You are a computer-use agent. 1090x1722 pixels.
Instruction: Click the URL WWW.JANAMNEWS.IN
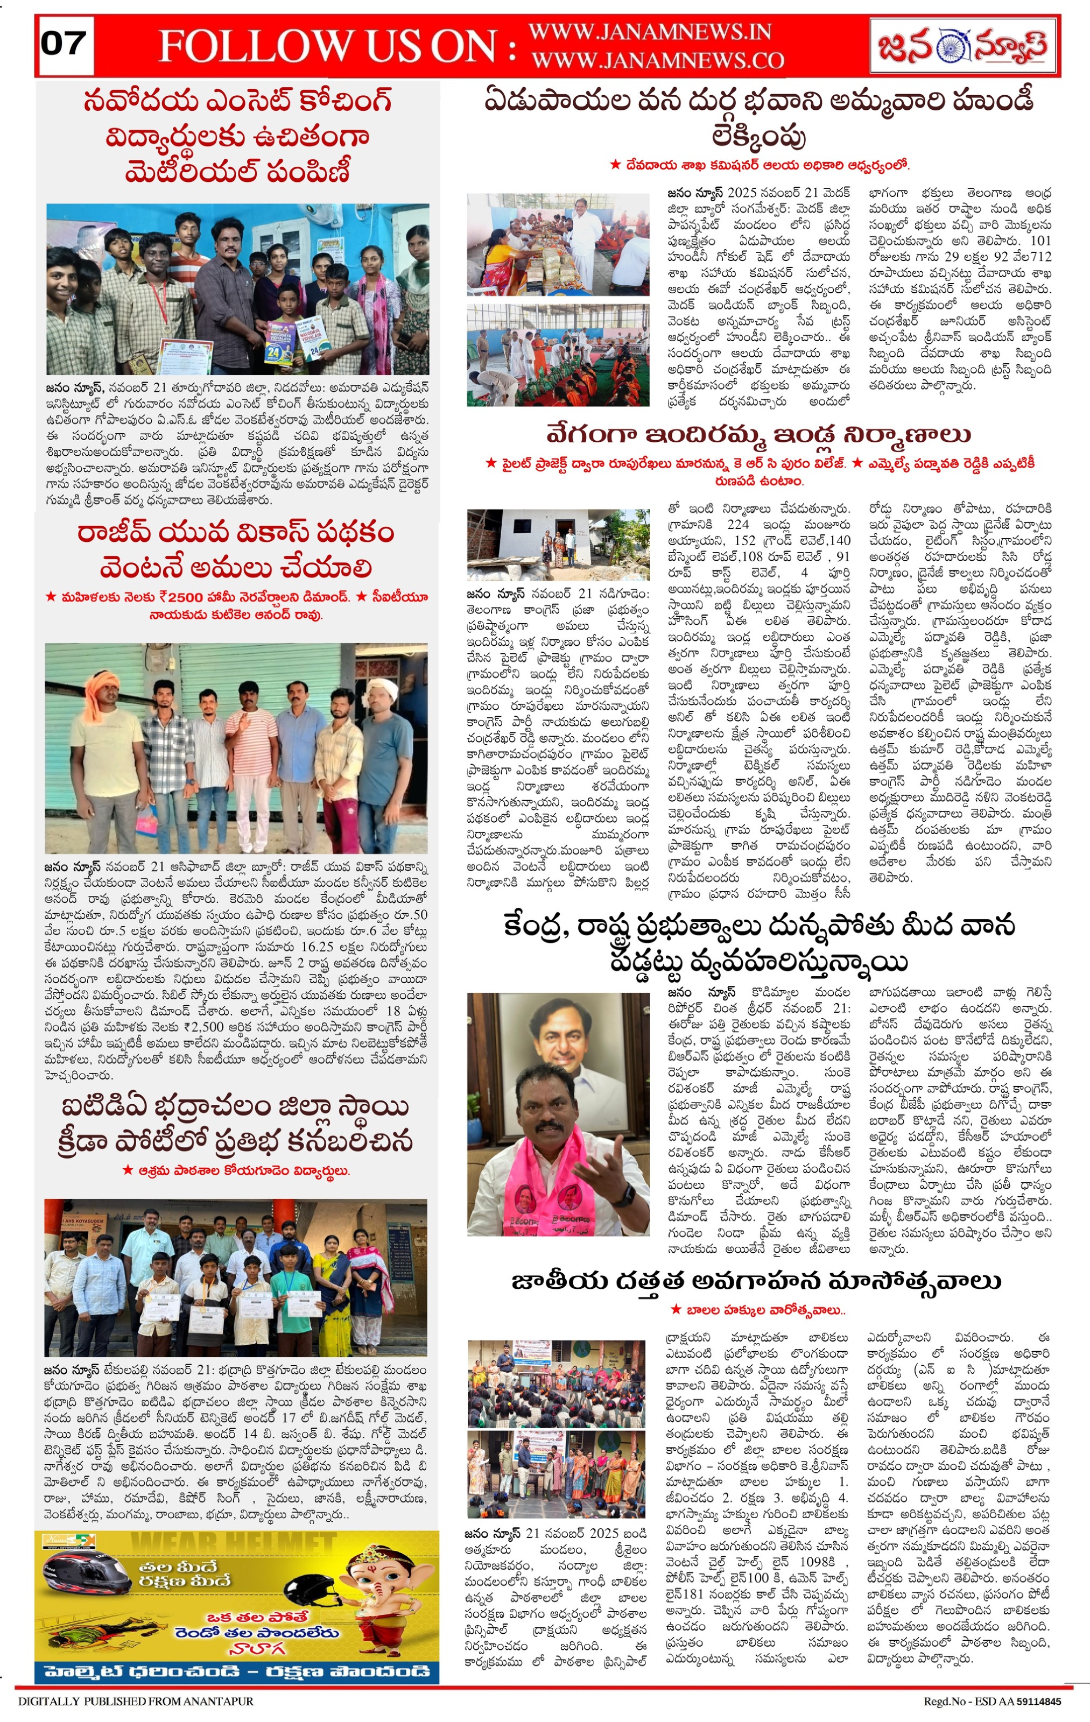click(649, 32)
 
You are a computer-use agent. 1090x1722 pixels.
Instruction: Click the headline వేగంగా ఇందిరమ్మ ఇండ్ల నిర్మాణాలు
click(758, 434)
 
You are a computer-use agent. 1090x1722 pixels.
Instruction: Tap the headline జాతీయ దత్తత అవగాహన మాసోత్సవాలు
click(756, 1281)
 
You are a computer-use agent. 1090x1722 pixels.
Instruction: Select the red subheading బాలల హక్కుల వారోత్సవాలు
click(758, 1311)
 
